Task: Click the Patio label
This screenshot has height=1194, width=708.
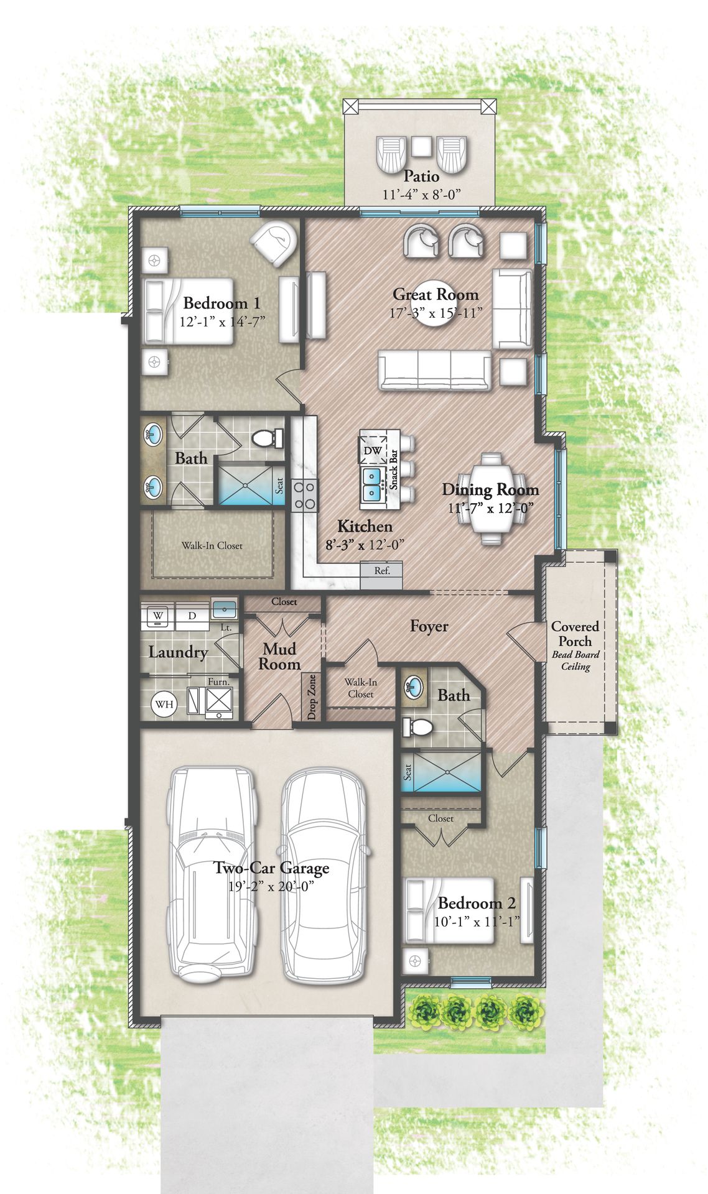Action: (421, 176)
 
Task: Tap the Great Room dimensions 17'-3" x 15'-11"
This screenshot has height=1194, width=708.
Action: (436, 313)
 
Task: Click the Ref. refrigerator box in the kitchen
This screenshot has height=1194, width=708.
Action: (382, 570)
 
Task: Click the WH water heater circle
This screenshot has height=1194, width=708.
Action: (164, 704)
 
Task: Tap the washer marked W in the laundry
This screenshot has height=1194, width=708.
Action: (157, 615)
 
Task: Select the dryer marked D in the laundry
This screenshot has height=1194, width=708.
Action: (192, 616)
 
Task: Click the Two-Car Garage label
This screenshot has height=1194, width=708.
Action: (271, 868)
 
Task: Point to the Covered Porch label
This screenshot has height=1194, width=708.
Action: (575, 634)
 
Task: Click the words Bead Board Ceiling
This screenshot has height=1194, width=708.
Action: (575, 660)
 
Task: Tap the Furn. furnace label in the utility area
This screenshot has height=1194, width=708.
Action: (218, 682)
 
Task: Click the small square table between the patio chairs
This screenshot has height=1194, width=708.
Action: (422, 146)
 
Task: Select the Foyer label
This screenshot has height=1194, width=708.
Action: (429, 626)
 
